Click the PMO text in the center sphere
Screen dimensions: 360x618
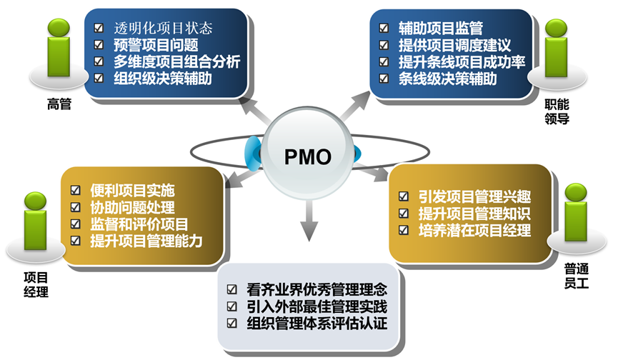pos(309,156)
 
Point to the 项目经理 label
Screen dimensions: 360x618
pos(33,285)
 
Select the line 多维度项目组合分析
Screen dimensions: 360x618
pos(176,61)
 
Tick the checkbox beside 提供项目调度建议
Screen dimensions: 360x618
pos(383,45)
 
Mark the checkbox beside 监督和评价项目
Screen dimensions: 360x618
pos(76,224)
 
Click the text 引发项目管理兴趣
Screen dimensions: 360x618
pos(475,196)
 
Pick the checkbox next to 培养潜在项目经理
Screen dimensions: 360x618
pos(404,229)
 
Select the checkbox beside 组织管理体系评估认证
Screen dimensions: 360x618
pos(231,323)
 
